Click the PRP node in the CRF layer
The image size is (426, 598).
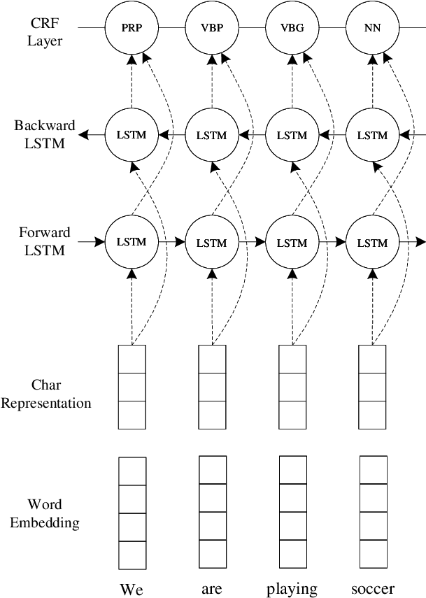click(x=132, y=28)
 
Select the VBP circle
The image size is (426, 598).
click(x=212, y=28)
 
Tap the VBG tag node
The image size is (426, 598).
click(x=292, y=28)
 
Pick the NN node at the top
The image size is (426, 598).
click(x=373, y=28)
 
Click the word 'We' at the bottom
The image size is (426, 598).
click(x=132, y=589)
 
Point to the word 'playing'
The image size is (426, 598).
click(x=292, y=590)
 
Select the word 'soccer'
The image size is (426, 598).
click(x=373, y=589)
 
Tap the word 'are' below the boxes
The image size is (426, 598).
click(x=212, y=590)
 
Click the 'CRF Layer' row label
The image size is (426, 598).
click(x=45, y=31)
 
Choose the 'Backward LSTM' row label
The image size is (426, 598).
click(x=45, y=134)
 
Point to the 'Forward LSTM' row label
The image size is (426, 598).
click(x=45, y=241)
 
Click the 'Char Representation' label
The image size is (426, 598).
click(x=45, y=394)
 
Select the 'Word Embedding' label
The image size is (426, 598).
click(x=45, y=513)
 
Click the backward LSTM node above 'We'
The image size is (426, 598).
click(x=132, y=134)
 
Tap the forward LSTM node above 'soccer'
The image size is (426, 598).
click(x=373, y=242)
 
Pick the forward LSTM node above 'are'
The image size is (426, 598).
click(x=212, y=242)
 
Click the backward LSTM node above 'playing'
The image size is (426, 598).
click(x=292, y=134)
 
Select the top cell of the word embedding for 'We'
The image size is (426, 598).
click(x=132, y=471)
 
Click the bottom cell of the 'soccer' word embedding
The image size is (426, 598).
click(x=374, y=554)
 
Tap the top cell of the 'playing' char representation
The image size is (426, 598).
click(x=292, y=359)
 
